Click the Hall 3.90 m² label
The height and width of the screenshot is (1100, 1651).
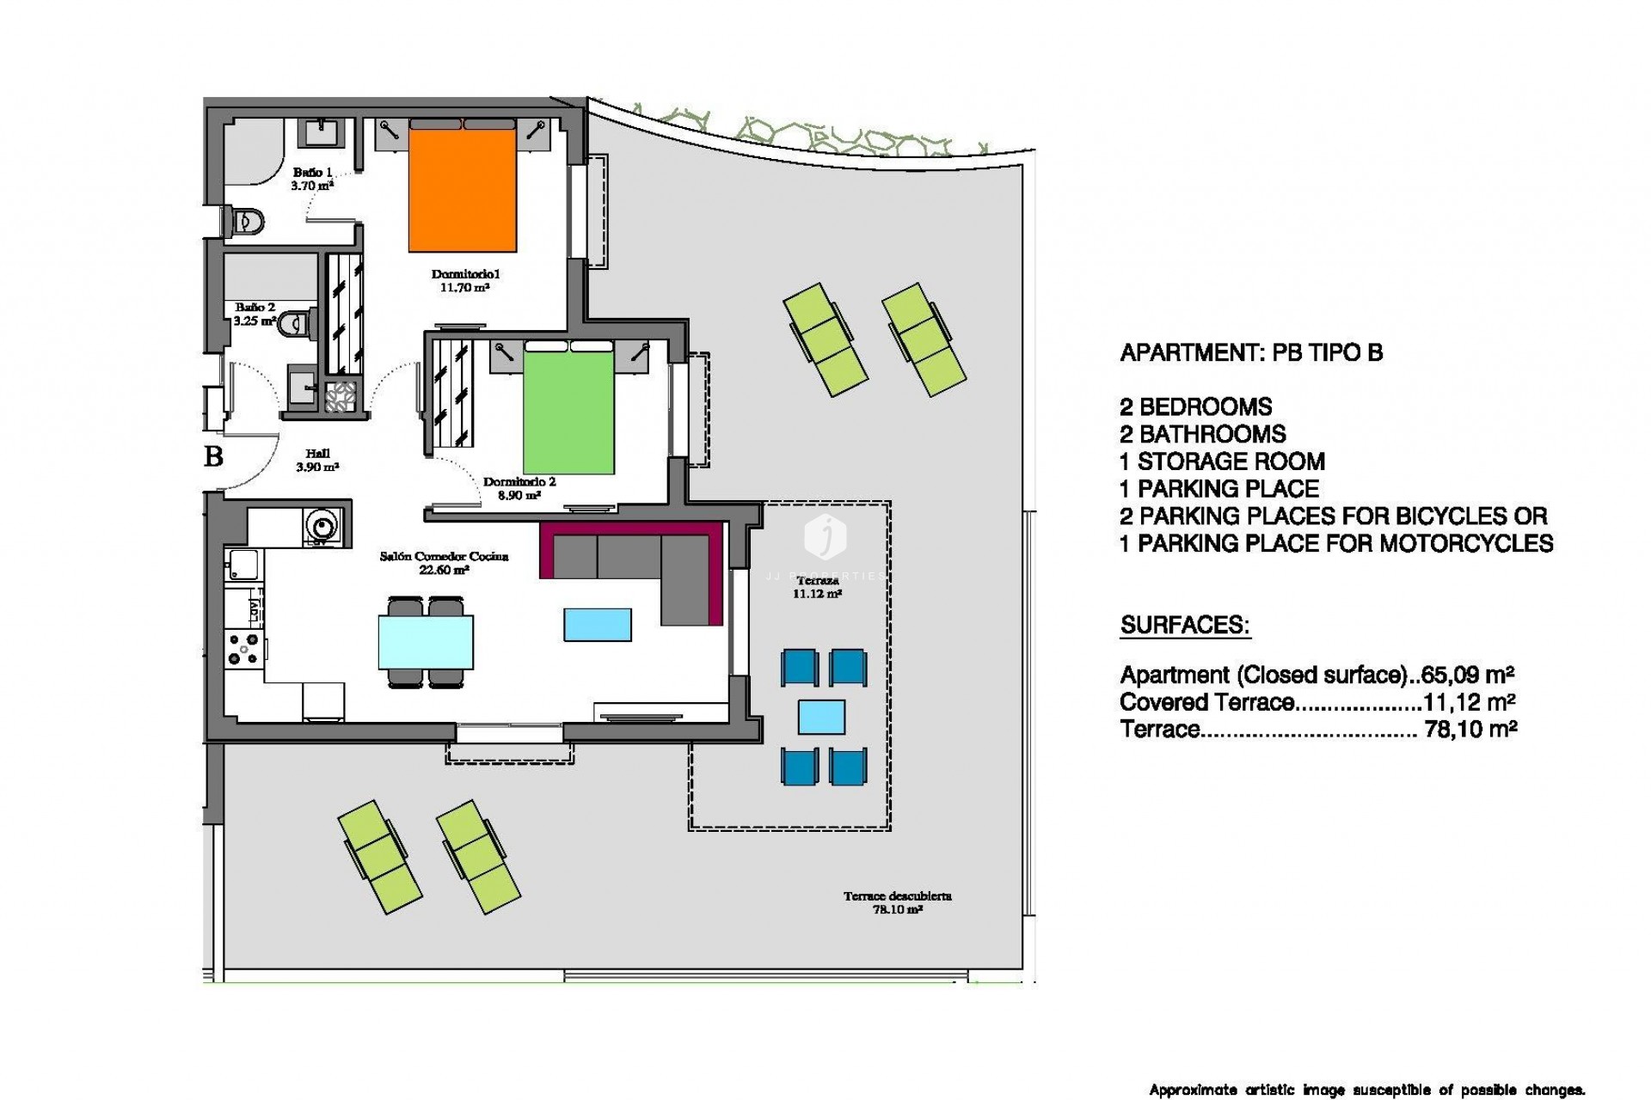coord(317,461)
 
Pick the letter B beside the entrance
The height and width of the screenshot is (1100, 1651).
coord(213,456)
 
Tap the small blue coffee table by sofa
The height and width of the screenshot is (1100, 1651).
coord(598,625)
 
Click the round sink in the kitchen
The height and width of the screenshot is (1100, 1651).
coord(322,523)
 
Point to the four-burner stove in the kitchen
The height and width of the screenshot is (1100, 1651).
coord(242,650)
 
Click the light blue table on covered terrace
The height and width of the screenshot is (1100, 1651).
coord(821,717)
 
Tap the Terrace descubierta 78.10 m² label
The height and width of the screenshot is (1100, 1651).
coord(897,902)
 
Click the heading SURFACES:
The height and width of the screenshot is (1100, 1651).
coord(1185,625)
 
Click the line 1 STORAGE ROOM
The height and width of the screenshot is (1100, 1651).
coord(1222,461)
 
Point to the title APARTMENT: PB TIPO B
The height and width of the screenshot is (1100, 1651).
coord(1251,352)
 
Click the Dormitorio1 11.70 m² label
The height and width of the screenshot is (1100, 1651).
coord(465,281)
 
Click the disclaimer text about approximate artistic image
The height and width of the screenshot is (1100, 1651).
coord(1366,1090)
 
